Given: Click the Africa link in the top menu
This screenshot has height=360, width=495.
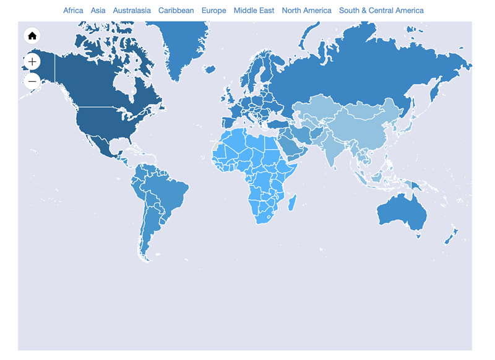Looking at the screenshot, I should pos(73,11).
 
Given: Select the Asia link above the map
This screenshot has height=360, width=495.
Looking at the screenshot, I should pos(98,11).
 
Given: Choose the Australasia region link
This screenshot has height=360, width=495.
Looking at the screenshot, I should pos(132,11).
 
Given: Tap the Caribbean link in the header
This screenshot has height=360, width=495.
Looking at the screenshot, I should pos(176,11).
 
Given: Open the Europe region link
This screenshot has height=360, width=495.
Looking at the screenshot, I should pos(213,11).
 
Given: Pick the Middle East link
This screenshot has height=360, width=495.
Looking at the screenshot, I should pos(254,11).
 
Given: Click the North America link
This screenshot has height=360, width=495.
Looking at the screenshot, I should pos(306,11).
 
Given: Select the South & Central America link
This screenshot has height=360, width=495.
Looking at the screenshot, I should pos(381,11).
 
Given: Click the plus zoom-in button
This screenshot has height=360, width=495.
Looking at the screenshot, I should pos(32,61).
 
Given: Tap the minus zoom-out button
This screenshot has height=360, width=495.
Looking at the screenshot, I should pos(32,81).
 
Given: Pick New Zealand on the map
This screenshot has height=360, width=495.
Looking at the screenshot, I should pos(451,235).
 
